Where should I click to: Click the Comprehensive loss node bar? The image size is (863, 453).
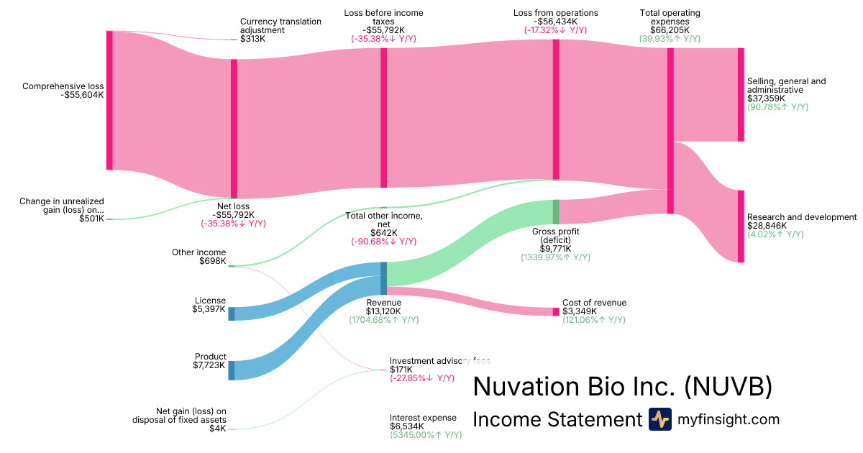point(109,100)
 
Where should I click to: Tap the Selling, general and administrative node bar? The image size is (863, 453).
point(741,95)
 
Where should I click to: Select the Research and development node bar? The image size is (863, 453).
point(741,226)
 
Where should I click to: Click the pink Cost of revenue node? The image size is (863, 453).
point(555,311)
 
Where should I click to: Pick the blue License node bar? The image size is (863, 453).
point(232,313)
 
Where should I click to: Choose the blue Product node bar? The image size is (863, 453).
point(232,370)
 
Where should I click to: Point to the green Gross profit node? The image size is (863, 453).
point(555,211)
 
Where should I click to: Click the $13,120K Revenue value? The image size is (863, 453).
point(384,311)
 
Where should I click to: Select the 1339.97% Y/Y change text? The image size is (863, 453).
point(555,257)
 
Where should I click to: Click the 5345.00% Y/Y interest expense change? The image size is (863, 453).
point(426,434)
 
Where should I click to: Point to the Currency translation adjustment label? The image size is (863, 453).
point(280,26)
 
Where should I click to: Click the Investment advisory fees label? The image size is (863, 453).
point(439,360)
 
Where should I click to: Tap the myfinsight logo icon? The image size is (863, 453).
point(659,419)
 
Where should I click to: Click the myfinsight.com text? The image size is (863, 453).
point(729,419)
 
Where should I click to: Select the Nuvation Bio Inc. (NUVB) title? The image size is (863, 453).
point(623,388)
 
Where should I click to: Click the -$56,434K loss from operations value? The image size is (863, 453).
point(555,22)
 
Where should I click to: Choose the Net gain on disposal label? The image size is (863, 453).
point(180,415)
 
